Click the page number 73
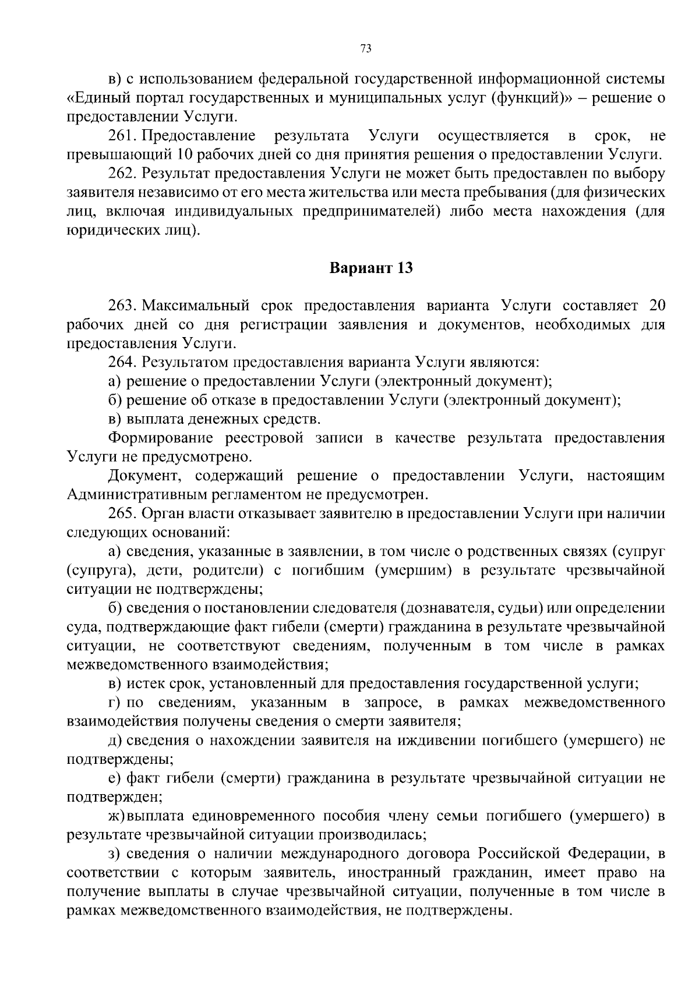point(366,49)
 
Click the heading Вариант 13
point(371,268)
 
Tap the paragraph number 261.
point(121,136)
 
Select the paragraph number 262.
point(121,173)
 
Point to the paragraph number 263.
point(121,306)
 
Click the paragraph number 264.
point(121,362)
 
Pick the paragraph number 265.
point(121,514)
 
